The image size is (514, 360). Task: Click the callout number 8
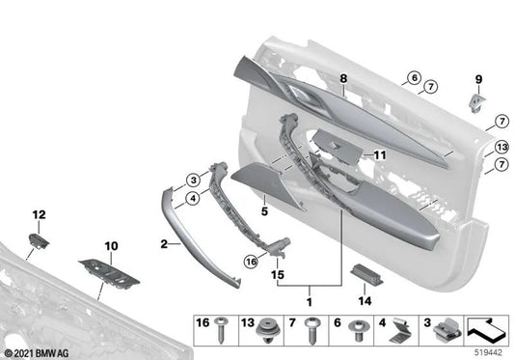pos(341,78)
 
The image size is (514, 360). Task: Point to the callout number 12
pos(39,213)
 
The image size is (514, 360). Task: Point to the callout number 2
pos(164,244)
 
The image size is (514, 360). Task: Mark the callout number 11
pos(379,154)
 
